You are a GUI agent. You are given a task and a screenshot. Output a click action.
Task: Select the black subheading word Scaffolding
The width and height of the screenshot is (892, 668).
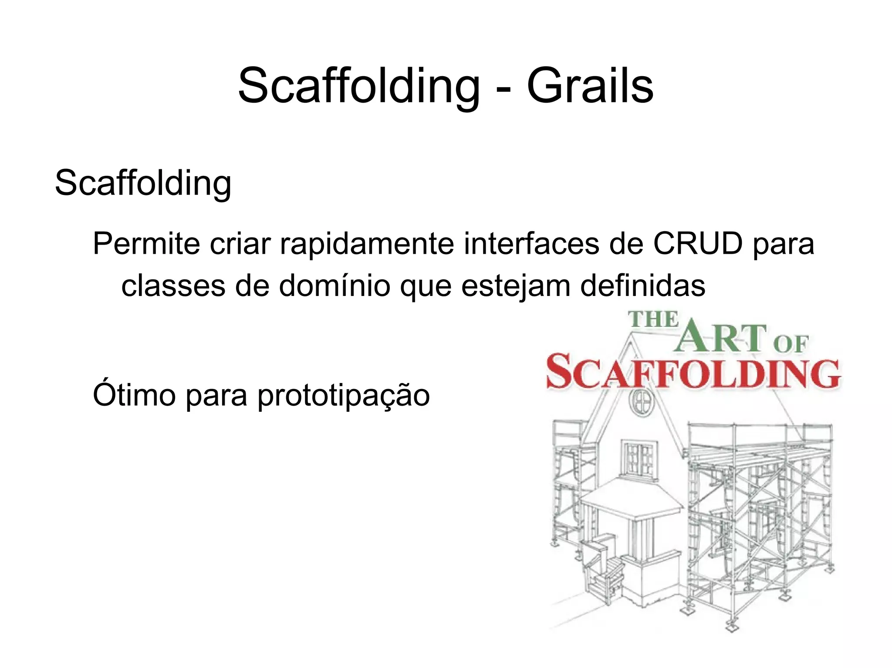pos(143,183)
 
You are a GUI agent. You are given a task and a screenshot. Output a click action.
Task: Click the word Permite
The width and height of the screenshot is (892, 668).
pos(146,244)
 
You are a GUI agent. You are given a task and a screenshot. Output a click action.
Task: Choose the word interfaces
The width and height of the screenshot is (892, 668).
pos(531,244)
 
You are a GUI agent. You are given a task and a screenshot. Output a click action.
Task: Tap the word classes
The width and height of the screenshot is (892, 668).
pos(173,286)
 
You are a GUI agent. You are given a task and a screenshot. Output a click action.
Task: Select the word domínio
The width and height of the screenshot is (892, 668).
pos(334,286)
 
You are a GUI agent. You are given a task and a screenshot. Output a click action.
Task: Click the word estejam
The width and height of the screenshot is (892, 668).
pos(515,286)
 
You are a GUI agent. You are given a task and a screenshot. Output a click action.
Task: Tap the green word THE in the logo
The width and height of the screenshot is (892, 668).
pos(653,320)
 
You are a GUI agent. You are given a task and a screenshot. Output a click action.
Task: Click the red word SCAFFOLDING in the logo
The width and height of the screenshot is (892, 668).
pos(693,372)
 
